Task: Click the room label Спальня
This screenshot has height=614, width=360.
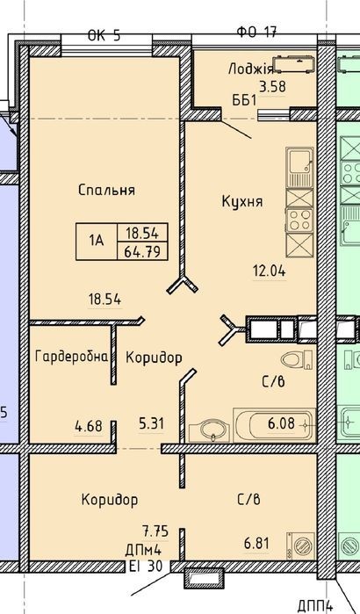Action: (106, 191)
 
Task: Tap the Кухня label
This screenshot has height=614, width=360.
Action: (242, 202)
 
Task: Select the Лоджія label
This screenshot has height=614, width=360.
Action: (250, 69)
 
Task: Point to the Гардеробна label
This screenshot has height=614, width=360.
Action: (71, 357)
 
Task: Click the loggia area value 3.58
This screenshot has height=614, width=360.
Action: (273, 86)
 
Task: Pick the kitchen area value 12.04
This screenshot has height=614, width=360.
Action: (270, 271)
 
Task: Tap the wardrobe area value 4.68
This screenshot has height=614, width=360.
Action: (89, 425)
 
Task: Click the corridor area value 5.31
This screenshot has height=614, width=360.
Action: (151, 423)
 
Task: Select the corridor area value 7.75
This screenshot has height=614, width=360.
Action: (155, 531)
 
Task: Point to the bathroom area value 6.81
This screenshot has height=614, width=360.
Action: (256, 543)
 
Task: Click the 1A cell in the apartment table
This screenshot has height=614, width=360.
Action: (97, 242)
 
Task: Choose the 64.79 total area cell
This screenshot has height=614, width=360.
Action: (142, 251)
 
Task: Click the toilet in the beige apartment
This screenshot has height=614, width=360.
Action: (297, 360)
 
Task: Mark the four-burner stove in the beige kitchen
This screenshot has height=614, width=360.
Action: (299, 220)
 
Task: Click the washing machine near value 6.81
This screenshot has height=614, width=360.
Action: (300, 545)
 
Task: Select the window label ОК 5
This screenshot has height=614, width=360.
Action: (104, 36)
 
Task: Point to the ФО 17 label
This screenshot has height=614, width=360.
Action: (256, 32)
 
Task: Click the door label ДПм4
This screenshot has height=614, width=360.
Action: (143, 551)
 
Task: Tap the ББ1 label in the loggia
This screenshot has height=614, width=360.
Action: (245, 100)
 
